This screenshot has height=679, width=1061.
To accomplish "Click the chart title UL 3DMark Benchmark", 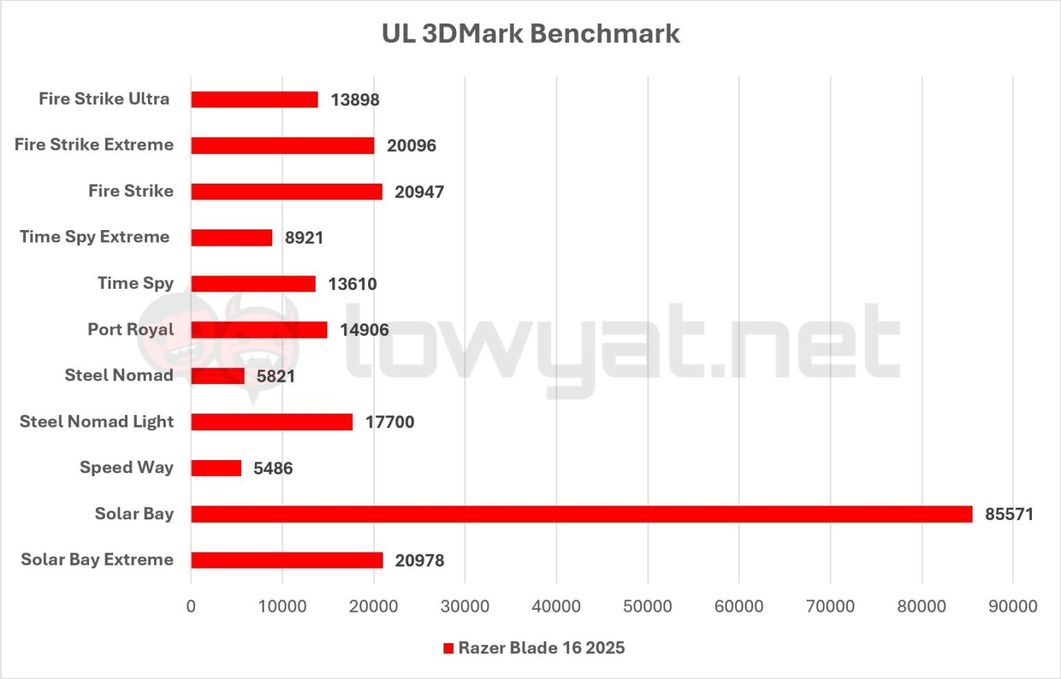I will pyautogui.click(x=530, y=34).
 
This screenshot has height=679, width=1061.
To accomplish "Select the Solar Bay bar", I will pyautogui.click(x=581, y=514).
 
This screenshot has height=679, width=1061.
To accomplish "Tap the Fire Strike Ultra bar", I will pyautogui.click(x=254, y=99).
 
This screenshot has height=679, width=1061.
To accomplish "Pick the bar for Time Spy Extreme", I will pyautogui.click(x=231, y=238).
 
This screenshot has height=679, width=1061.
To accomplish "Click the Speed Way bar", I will pyautogui.click(x=216, y=468).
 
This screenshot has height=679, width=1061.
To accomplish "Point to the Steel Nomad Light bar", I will pyautogui.click(x=271, y=422).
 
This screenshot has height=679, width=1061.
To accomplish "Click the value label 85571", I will pyautogui.click(x=1009, y=515).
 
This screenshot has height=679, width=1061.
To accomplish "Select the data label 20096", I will pyautogui.click(x=411, y=146).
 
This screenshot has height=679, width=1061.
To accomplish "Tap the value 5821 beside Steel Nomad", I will pyautogui.click(x=276, y=376).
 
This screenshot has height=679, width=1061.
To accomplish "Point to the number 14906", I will pyautogui.click(x=364, y=330).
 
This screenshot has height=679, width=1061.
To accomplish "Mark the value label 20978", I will pyautogui.click(x=419, y=560).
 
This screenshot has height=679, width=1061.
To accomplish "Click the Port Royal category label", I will pyautogui.click(x=131, y=329).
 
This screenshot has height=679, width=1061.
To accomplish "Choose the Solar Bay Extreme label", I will pyautogui.click(x=97, y=560).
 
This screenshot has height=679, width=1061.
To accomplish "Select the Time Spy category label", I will pyautogui.click(x=135, y=283).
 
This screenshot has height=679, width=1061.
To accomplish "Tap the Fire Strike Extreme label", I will pyautogui.click(x=94, y=145).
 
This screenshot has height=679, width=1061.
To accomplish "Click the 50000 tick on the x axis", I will pyautogui.click(x=647, y=606).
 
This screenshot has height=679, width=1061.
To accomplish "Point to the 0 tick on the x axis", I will pyautogui.click(x=191, y=606).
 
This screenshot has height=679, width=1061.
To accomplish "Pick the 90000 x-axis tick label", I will pyautogui.click(x=1013, y=606).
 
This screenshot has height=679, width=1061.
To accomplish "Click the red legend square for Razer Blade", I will pyautogui.click(x=448, y=649).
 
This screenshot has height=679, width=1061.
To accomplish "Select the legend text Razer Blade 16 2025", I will pyautogui.click(x=542, y=648).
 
